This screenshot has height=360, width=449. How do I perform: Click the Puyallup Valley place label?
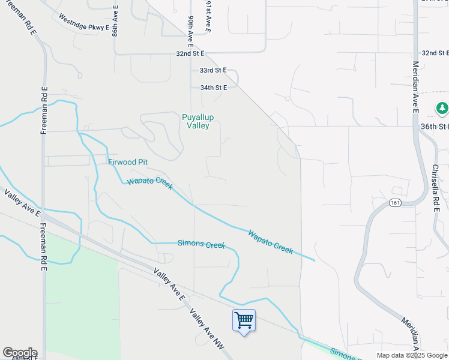198,121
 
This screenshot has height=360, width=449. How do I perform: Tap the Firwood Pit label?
128,162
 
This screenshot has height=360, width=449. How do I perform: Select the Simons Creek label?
201,244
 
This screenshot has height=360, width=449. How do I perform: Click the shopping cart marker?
244,320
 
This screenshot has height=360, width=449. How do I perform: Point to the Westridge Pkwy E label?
83,22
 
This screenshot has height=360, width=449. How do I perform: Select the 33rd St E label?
213,70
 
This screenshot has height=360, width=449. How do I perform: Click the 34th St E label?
213,88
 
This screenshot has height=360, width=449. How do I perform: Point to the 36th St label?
435,127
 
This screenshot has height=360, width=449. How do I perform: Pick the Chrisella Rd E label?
436,187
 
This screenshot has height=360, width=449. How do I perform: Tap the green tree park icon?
442,108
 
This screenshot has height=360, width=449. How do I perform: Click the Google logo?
20,353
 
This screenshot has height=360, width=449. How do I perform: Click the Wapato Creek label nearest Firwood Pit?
150,182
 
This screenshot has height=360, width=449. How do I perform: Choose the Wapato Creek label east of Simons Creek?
271,241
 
